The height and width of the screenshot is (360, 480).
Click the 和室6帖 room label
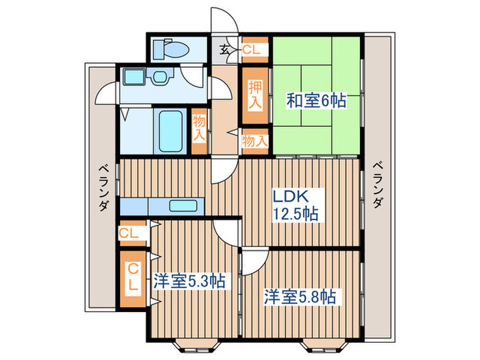(316, 101)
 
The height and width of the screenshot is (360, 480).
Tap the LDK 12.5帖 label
(296, 204)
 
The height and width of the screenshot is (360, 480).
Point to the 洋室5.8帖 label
(300, 297)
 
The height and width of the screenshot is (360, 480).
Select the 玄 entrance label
(225, 49)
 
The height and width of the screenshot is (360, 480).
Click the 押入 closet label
(254, 94)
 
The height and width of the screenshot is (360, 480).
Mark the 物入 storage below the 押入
(254, 141)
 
